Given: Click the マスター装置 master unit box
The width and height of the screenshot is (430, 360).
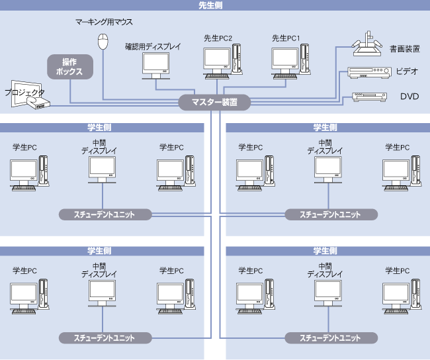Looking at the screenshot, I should tap(215, 103).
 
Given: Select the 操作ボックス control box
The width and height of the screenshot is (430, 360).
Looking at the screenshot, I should tap(69, 67).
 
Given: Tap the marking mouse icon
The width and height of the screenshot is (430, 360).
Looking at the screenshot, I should tap(103, 42).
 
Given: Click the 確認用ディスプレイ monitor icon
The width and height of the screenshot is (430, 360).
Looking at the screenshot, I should tap(156, 65).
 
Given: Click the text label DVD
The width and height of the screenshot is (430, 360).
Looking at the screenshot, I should tap(409, 97).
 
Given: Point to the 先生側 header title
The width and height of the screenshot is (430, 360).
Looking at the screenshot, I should tap(215, 5).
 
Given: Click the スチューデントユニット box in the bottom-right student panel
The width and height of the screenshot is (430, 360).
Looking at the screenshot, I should tap(331, 337).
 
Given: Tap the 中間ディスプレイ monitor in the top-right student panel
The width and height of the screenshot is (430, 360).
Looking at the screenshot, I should tap(328, 169).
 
